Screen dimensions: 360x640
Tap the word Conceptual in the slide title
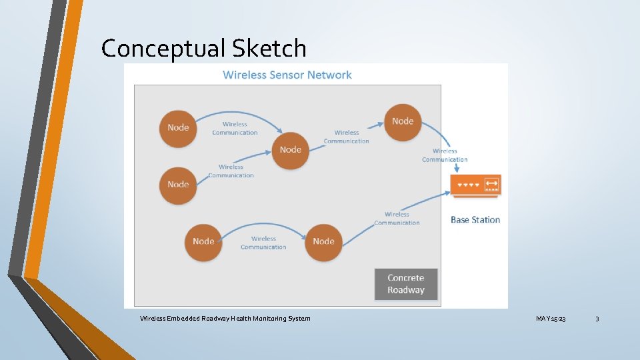[x=163, y=48]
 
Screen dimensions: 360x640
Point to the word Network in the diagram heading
[x=330, y=75]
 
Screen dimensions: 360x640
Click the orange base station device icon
[x=476, y=185]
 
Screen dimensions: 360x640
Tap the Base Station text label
[x=475, y=219]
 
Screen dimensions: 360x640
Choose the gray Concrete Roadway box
[x=405, y=284]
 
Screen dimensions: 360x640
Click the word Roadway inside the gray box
[x=405, y=290]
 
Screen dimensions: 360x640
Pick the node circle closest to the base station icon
[x=403, y=121]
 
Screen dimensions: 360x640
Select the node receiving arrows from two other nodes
[x=291, y=150]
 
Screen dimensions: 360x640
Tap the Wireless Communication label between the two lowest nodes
[x=263, y=243]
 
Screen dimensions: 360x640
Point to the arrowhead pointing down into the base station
[x=456, y=169]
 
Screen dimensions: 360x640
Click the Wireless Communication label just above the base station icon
[x=445, y=155]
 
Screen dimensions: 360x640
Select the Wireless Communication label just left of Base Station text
[x=397, y=219]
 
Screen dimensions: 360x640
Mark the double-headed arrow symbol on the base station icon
[x=492, y=183]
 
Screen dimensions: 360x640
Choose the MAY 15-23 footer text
[x=551, y=319]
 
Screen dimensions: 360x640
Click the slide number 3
[x=597, y=319]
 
